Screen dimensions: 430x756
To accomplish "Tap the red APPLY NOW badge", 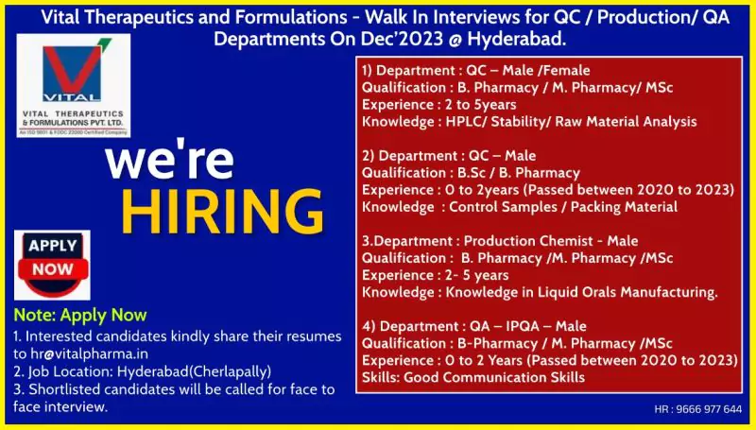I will click(53, 258).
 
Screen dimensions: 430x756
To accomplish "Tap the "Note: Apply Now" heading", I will click(80, 316).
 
